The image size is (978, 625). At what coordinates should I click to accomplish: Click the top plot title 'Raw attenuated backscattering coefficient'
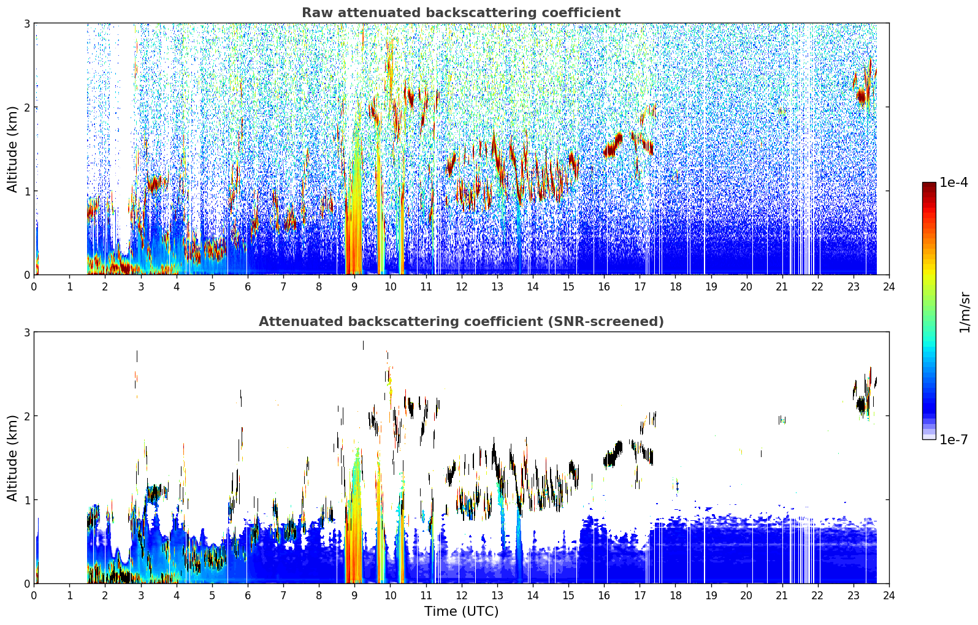coord(461,13)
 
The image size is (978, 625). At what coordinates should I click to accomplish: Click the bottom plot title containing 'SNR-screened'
coord(461,321)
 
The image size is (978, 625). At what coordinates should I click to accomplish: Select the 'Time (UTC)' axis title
coord(461,611)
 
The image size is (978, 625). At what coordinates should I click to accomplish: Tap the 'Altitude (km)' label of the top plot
coord(12,150)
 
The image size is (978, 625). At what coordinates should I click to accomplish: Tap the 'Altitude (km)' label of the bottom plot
coord(12,458)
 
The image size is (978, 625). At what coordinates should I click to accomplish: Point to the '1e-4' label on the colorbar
coord(953,183)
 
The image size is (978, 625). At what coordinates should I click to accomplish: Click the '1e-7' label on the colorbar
coord(953,439)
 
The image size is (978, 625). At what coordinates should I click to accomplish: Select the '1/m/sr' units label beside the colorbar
coord(965,312)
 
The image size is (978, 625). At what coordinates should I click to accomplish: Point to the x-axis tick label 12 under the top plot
coord(462,287)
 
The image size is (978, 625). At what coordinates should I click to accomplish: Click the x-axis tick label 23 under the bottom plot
coord(853,596)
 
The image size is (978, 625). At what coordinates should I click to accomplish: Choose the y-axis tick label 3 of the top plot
coord(26,23)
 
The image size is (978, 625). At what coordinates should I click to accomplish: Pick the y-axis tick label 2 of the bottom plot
coord(26,416)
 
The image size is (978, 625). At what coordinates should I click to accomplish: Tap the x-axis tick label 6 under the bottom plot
coord(248,596)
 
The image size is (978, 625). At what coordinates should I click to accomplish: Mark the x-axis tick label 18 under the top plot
coord(676,287)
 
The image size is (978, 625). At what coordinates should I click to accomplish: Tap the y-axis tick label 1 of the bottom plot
coord(26,500)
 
